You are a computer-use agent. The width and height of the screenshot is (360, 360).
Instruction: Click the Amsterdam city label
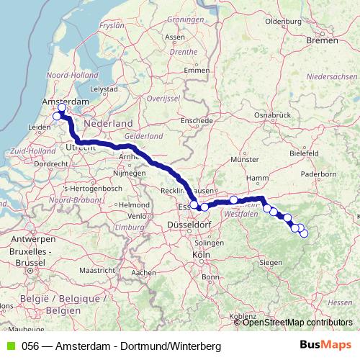tap(61, 102)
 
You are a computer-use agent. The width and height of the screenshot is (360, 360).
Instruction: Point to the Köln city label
tap(201, 255)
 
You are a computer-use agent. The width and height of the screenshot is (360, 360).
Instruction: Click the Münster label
tap(245, 158)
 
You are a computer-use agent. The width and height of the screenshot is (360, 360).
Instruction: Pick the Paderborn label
tap(323, 174)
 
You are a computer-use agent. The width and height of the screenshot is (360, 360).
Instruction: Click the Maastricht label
tap(96, 270)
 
